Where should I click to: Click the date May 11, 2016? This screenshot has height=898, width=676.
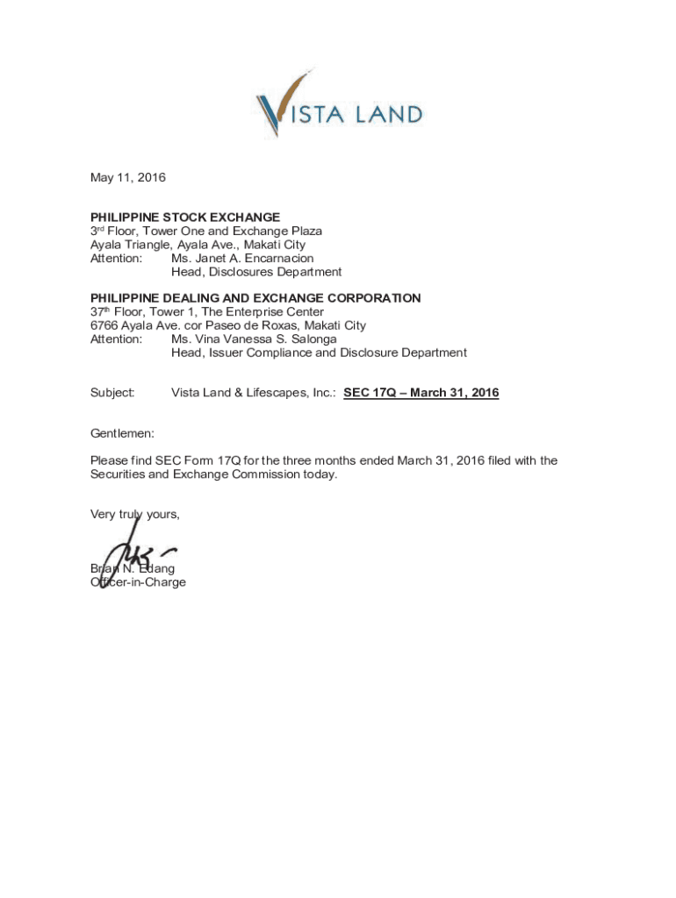pos(127,178)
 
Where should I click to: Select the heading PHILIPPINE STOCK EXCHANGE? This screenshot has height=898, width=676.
pos(185,217)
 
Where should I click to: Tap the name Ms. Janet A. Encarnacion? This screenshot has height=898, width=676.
pos(242,259)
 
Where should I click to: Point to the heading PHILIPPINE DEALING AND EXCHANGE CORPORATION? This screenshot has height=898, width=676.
pos(255,298)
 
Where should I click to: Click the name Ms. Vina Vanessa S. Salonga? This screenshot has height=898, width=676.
pos(254,339)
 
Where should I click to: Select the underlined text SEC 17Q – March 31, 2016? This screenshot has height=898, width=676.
pos(421,393)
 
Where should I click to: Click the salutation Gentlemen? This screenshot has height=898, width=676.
pos(122,434)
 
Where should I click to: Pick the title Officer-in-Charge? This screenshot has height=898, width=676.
pos(138,582)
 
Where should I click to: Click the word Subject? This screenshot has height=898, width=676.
pos(112,393)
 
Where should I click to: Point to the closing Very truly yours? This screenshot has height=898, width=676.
pos(134,515)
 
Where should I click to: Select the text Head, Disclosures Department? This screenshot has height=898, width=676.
pos(256,272)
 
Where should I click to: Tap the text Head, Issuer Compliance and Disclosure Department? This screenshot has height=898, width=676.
pos(319,353)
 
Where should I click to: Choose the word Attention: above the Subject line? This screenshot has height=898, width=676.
pos(116,339)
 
